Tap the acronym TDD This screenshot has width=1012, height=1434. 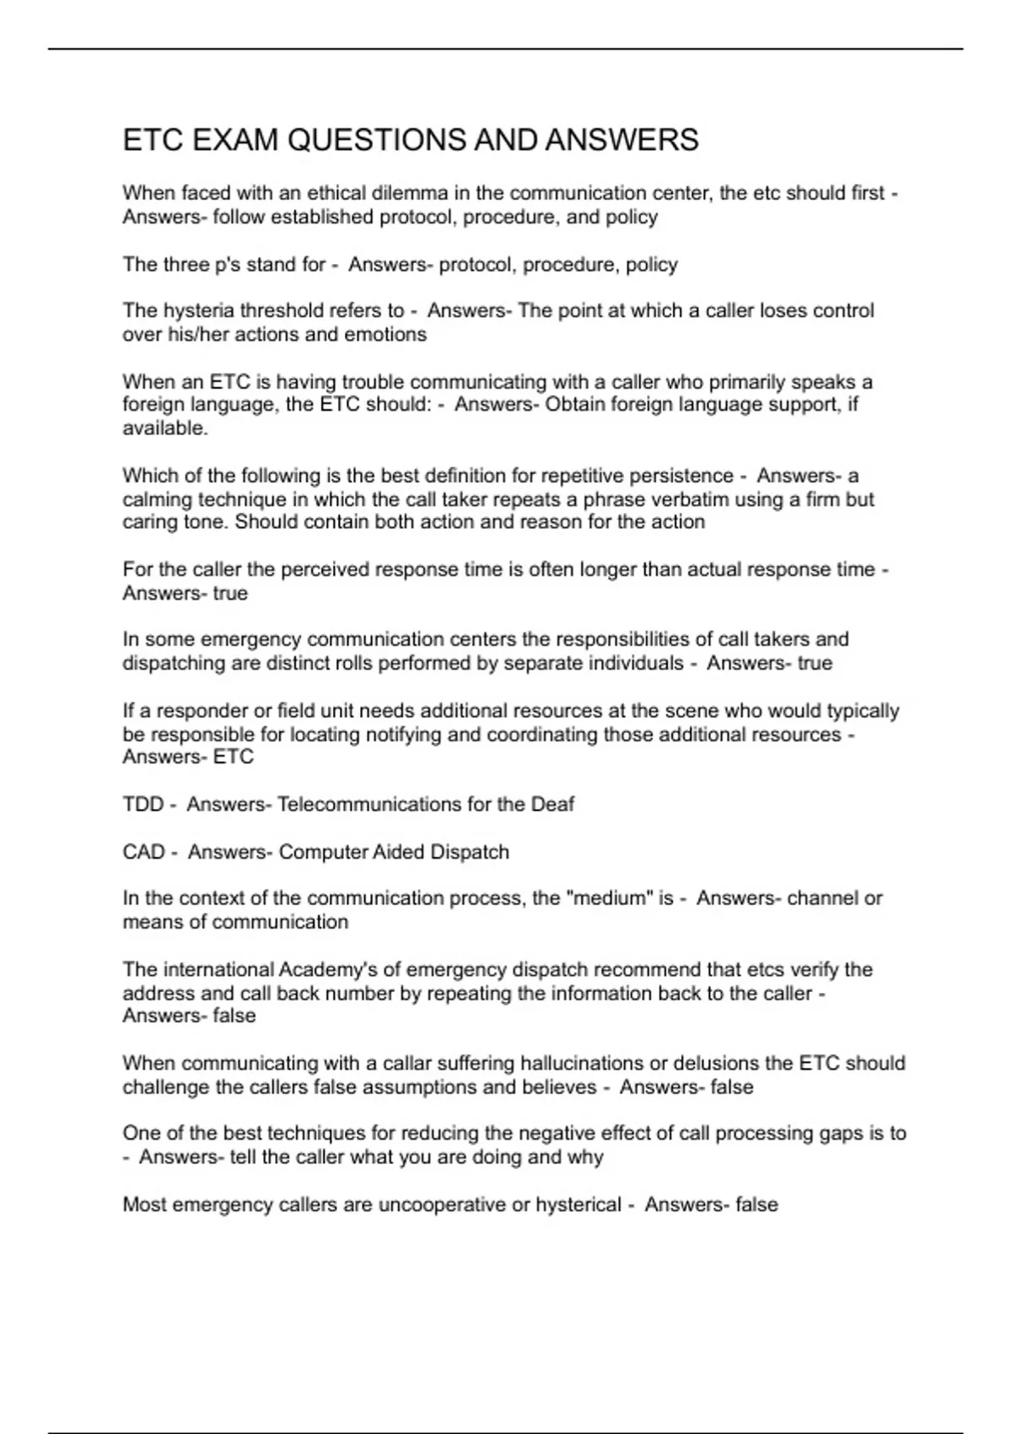pyautogui.click(x=143, y=804)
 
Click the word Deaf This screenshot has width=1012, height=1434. pyautogui.click(x=552, y=804)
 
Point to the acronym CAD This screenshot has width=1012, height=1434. pyautogui.click(x=143, y=852)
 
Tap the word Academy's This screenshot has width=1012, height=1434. pyautogui.click(x=326, y=969)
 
